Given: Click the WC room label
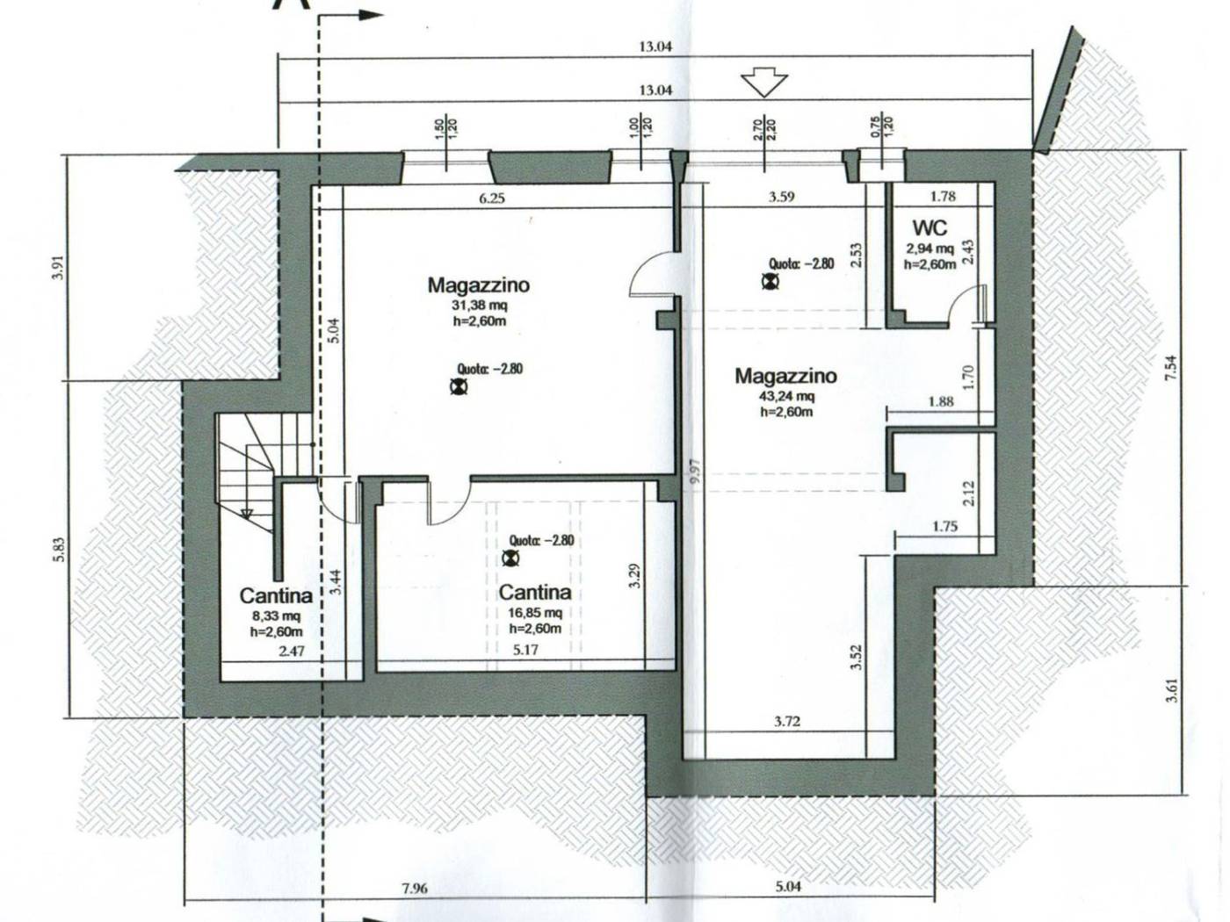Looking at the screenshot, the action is [x=930, y=227].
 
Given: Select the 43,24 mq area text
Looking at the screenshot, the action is [x=786, y=396].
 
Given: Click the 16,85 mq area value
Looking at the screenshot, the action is [x=534, y=612].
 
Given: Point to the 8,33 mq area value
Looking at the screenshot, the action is [x=276, y=616].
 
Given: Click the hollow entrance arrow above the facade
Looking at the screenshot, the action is [x=764, y=83].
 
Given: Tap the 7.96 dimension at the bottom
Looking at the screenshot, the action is [x=414, y=888].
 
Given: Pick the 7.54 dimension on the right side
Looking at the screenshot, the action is [x=1170, y=369].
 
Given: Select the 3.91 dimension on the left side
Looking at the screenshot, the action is [x=61, y=268].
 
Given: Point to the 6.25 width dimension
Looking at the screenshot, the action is [x=491, y=198].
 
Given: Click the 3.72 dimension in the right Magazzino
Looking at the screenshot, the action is [x=786, y=722].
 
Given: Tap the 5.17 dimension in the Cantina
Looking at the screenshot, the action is [x=525, y=650].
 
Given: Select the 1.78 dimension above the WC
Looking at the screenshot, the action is [x=943, y=196].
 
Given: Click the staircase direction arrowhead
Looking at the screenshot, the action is [x=247, y=514].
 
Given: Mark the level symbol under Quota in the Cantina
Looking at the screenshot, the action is [x=510, y=558].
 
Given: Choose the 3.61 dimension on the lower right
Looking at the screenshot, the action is [x=1170, y=690].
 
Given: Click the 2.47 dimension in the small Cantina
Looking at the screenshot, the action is [x=292, y=651].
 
